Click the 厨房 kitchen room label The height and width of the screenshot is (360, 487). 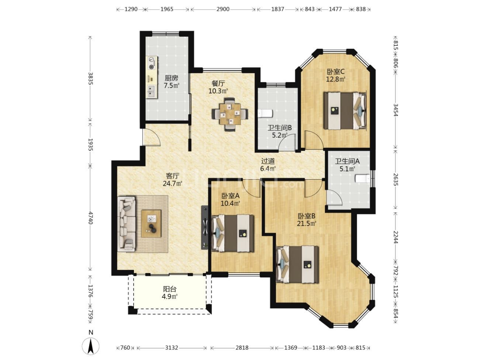click(x=171, y=78)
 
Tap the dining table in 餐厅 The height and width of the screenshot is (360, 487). click(x=230, y=114)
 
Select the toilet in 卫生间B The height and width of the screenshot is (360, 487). click(x=266, y=114)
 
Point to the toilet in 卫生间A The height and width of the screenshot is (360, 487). click(x=362, y=179)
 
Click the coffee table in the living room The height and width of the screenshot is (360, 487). click(x=151, y=224)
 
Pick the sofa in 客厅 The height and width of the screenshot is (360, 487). click(x=126, y=224)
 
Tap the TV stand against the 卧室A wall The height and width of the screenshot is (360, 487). click(x=205, y=227)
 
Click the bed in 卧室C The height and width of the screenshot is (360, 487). click(x=345, y=110)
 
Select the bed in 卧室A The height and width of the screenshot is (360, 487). click(x=233, y=233)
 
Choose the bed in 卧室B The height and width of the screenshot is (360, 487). click(x=297, y=264)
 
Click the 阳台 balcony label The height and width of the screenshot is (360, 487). click(x=170, y=289)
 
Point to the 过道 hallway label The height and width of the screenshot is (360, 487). click(x=268, y=161)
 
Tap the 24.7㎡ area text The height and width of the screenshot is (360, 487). click(x=173, y=183)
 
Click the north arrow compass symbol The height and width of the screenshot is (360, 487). click(x=90, y=346)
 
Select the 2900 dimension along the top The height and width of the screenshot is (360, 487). click(x=223, y=9)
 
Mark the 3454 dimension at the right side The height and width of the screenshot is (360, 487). click(x=396, y=110)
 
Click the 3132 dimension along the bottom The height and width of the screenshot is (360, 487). click(x=172, y=348)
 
